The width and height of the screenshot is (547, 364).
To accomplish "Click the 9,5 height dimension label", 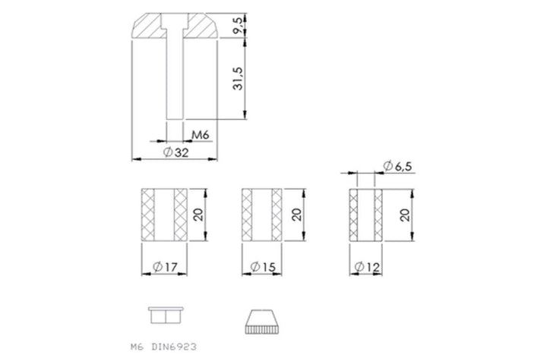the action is pyautogui.click(x=239, y=26).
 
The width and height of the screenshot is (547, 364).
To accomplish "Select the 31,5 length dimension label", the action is pyautogui.click(x=239, y=78).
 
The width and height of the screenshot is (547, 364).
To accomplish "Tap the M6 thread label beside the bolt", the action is pyautogui.click(x=201, y=134).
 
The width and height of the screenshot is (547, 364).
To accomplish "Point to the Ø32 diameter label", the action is pyautogui.click(x=176, y=152).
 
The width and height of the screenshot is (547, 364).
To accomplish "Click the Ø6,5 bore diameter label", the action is pyautogui.click(x=397, y=166).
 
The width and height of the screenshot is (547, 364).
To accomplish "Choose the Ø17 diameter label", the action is pyautogui.click(x=165, y=267).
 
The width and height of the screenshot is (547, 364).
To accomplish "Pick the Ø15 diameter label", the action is pyautogui.click(x=263, y=267).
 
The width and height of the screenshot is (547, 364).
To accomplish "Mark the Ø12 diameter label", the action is pyautogui.click(x=367, y=267).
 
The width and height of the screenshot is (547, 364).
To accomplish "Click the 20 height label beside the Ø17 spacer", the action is pyautogui.click(x=198, y=215).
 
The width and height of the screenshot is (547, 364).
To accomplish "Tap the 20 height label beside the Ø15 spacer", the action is pyautogui.click(x=296, y=215).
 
